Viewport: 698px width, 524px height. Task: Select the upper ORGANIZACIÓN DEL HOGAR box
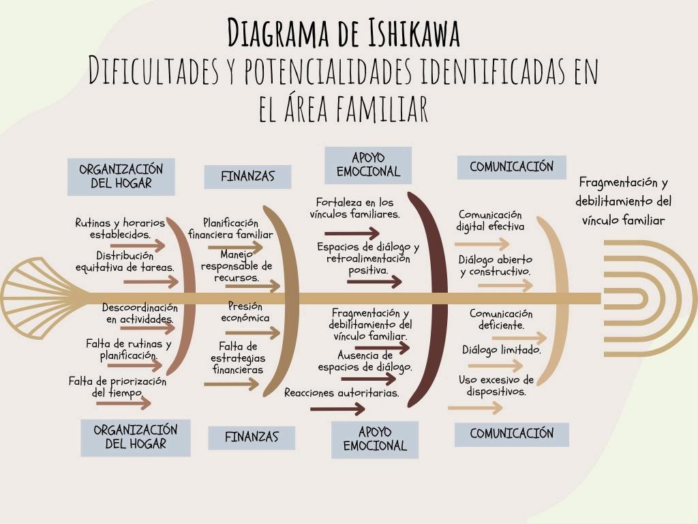(121, 176)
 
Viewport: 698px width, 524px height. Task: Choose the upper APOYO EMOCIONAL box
(368, 165)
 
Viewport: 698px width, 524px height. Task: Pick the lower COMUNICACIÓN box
(511, 434)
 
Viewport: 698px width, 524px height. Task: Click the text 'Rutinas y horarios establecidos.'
(120, 228)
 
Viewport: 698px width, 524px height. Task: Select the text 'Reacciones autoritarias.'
(342, 393)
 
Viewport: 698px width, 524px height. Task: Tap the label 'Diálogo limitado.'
(502, 350)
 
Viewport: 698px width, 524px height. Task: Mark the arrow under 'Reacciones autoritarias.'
(337, 409)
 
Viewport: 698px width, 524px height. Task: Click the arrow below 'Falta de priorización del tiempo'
(123, 403)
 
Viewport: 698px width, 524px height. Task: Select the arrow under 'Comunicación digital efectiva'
(482, 244)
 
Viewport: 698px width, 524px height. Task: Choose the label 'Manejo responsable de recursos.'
(236, 266)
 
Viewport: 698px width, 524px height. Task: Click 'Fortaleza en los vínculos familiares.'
(354, 208)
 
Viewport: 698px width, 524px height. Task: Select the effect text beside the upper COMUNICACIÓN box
(623, 201)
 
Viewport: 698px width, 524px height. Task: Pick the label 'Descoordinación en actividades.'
(140, 313)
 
